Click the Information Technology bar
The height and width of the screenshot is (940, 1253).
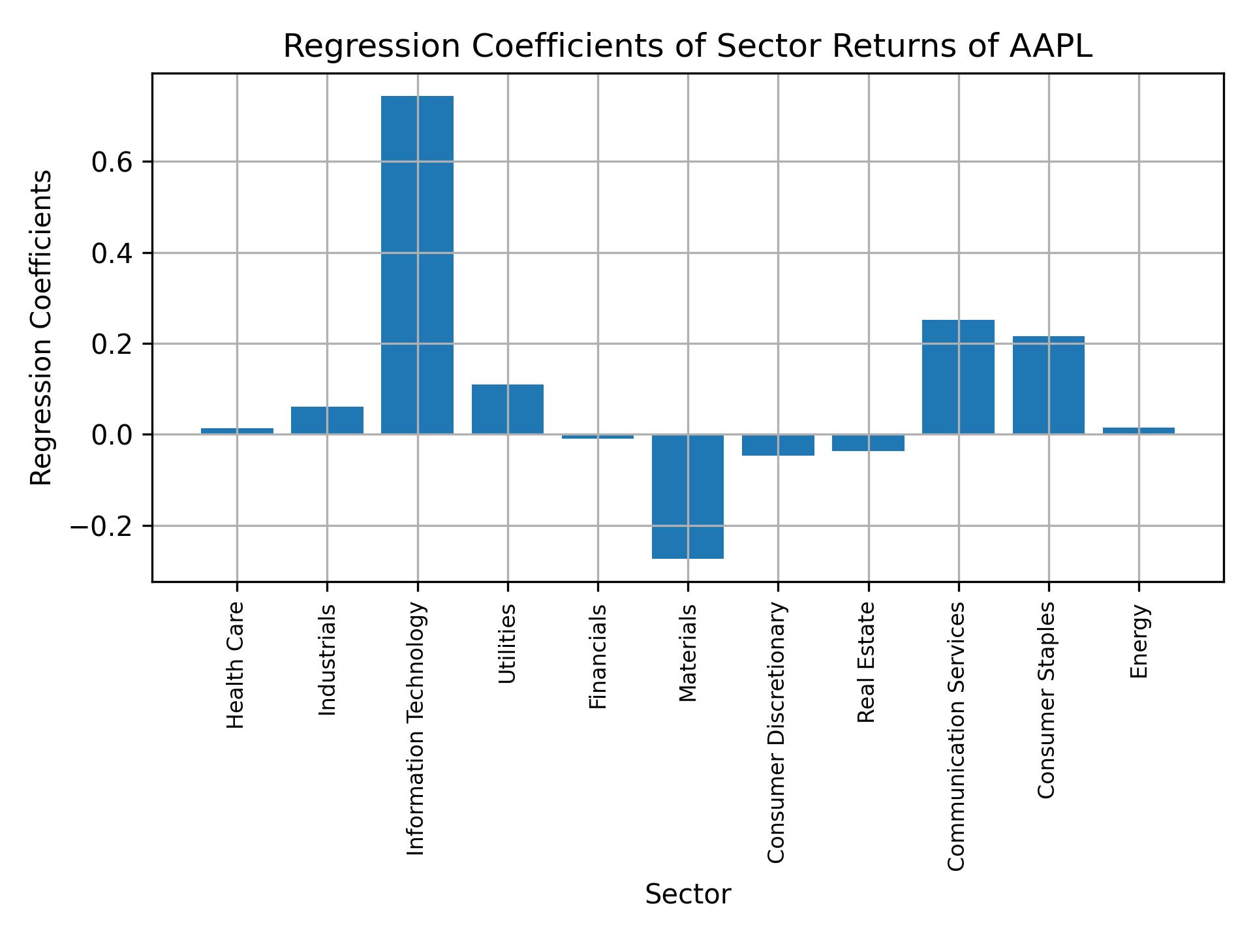point(417,264)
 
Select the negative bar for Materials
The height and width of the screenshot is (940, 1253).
point(688,496)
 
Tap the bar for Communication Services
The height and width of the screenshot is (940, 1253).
point(958,377)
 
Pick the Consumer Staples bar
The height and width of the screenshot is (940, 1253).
point(1048,385)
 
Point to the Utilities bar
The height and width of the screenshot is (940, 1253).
point(508,409)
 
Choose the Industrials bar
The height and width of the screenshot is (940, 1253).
point(327,420)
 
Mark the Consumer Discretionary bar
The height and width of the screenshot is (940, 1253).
point(778,445)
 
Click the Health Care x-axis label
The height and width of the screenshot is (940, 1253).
point(236,665)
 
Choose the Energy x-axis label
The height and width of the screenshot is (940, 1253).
point(1139,641)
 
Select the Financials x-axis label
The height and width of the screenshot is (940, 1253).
point(598,656)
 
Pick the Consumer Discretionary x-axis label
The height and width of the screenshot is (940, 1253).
point(776,732)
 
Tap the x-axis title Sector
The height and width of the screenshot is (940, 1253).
point(688,894)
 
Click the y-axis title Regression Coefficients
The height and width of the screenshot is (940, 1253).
point(42,327)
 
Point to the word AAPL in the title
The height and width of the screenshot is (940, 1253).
point(1051,47)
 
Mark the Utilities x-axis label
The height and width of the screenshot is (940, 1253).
point(507,643)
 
